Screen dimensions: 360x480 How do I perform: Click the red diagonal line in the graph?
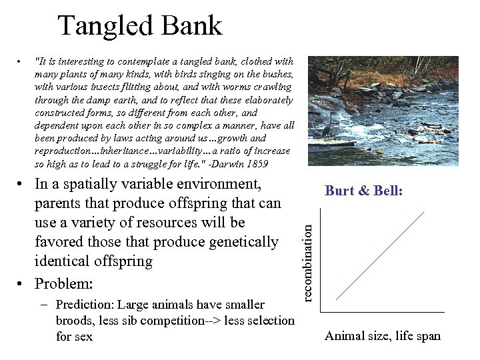click(x=381, y=256)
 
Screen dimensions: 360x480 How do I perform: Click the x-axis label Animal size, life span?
click(x=383, y=335)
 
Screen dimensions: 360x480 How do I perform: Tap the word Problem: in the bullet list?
click(x=63, y=283)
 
